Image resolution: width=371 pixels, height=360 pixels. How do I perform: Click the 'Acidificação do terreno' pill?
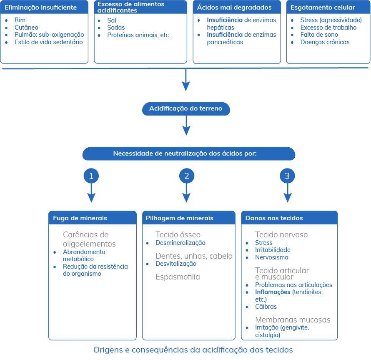coord(186,109)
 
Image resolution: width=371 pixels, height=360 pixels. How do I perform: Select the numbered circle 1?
coord(91,176)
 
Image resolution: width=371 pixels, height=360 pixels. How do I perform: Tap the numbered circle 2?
coord(187,176)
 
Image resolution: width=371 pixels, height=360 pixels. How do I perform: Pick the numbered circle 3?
coord(287,176)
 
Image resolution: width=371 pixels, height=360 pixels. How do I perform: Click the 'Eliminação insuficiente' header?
coord(44,7)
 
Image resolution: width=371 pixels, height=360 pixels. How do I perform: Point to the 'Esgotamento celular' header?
coord(328,7)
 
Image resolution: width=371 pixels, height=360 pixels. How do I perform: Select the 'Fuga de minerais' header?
coord(93,218)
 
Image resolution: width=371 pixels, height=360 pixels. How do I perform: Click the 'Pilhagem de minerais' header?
coord(189,218)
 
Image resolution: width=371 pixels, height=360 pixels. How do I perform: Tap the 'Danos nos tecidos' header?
coord(289,218)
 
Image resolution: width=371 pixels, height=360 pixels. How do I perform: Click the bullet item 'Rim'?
coord(20,20)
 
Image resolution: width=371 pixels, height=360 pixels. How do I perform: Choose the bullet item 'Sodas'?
coord(116,28)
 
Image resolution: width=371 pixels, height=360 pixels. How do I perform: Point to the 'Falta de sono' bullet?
coord(319,35)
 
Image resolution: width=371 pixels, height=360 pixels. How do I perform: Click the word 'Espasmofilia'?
coord(178,277)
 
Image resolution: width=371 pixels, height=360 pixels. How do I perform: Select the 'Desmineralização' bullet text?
coord(180,243)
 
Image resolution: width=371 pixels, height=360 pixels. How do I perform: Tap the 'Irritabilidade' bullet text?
coord(273,250)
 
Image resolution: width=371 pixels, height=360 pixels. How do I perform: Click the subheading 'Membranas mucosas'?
coord(293,320)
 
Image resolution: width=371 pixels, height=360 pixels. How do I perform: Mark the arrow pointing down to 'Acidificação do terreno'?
coord(186,80)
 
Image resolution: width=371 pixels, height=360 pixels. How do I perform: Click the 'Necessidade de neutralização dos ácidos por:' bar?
coord(189,154)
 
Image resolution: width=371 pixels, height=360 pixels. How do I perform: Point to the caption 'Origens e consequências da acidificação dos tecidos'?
coord(193,350)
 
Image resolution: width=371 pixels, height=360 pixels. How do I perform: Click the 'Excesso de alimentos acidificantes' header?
coord(140,7)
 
